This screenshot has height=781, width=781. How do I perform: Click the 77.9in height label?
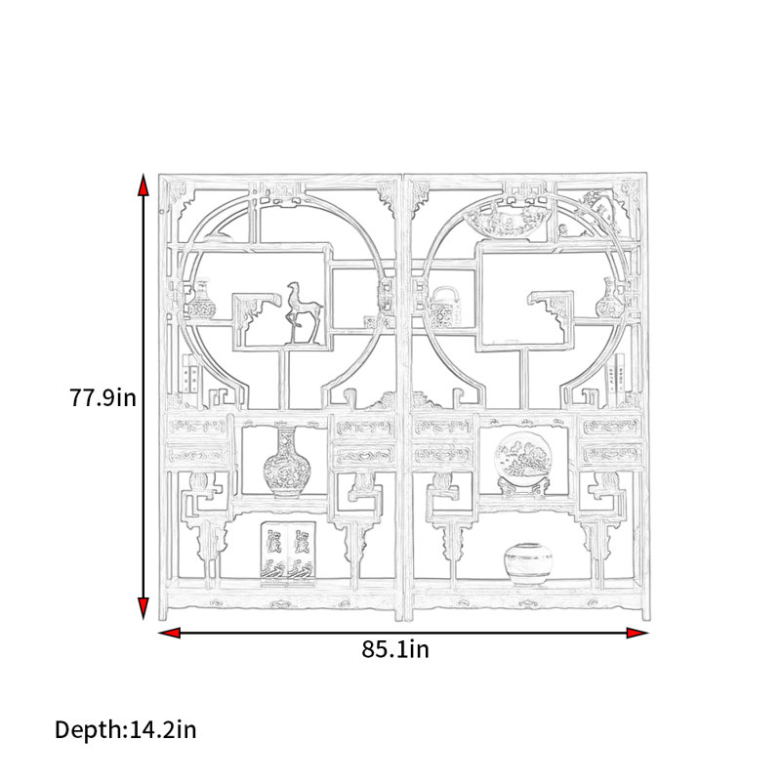(x=103, y=397)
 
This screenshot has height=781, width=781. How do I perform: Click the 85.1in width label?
(x=395, y=649)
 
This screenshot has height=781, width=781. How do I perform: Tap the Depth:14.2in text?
(x=126, y=729)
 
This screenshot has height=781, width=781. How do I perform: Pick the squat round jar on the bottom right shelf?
(x=528, y=564)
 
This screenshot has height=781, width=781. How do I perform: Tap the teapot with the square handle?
(x=444, y=307)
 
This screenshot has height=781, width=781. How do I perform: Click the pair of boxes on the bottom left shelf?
(x=288, y=553)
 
